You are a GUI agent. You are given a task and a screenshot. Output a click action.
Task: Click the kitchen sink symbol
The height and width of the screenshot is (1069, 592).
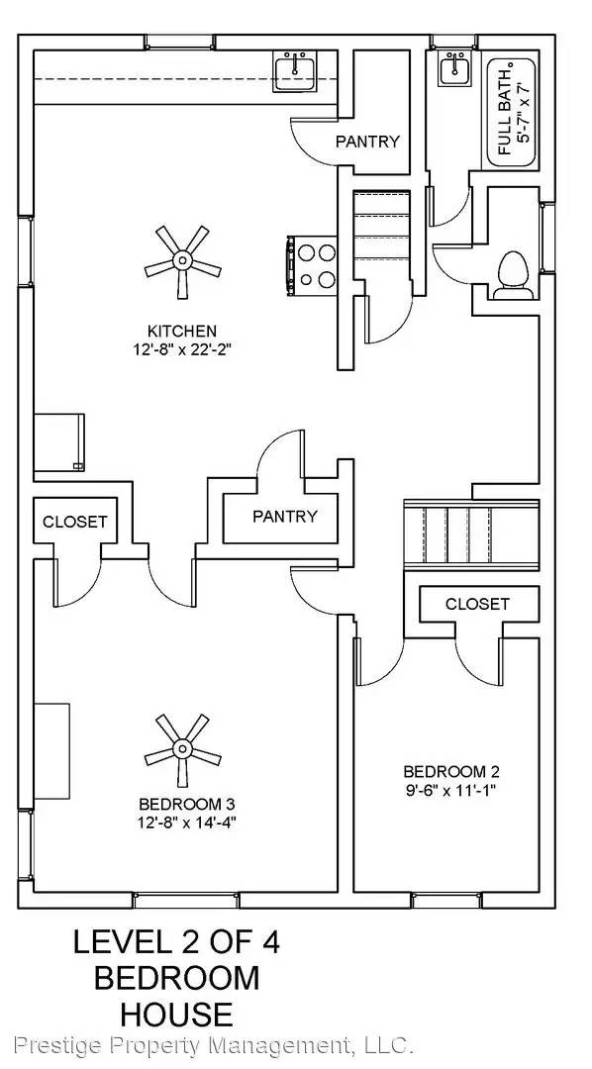[295, 72]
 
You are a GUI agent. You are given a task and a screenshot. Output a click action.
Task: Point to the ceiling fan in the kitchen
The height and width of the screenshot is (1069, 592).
[181, 261]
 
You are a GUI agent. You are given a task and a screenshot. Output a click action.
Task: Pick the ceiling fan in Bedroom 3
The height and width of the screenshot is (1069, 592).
[181, 748]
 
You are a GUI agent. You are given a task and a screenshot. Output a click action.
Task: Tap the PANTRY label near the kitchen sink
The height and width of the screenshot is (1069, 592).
[367, 142]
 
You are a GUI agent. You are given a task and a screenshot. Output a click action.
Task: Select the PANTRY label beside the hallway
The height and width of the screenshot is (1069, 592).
[284, 516]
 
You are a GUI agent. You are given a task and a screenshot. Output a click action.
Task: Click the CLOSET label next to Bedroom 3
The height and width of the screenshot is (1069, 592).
[74, 522]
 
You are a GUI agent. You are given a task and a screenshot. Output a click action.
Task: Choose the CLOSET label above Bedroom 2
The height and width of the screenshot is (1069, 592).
[477, 603]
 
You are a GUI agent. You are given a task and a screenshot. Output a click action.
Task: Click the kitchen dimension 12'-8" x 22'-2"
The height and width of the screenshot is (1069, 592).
[182, 349]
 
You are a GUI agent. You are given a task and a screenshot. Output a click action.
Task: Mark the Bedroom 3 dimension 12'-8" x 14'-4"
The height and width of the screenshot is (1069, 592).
[187, 821]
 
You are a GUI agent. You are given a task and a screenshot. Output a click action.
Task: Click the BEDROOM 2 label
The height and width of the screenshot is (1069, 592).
[444, 771]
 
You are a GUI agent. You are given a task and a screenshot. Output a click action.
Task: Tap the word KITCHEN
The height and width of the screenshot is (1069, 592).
[182, 331]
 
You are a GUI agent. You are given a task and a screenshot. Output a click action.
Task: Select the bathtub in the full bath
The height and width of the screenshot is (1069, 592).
[512, 113]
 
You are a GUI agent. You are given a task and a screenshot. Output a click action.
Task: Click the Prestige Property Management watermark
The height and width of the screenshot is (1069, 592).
[213, 1044]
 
